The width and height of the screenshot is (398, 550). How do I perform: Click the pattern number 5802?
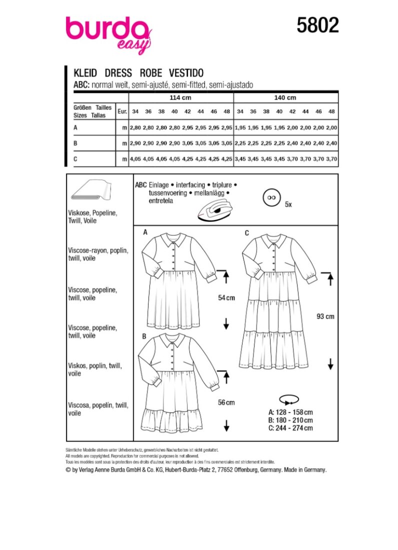317,25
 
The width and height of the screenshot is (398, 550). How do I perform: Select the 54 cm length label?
226,298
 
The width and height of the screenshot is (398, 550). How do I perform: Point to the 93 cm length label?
326,316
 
